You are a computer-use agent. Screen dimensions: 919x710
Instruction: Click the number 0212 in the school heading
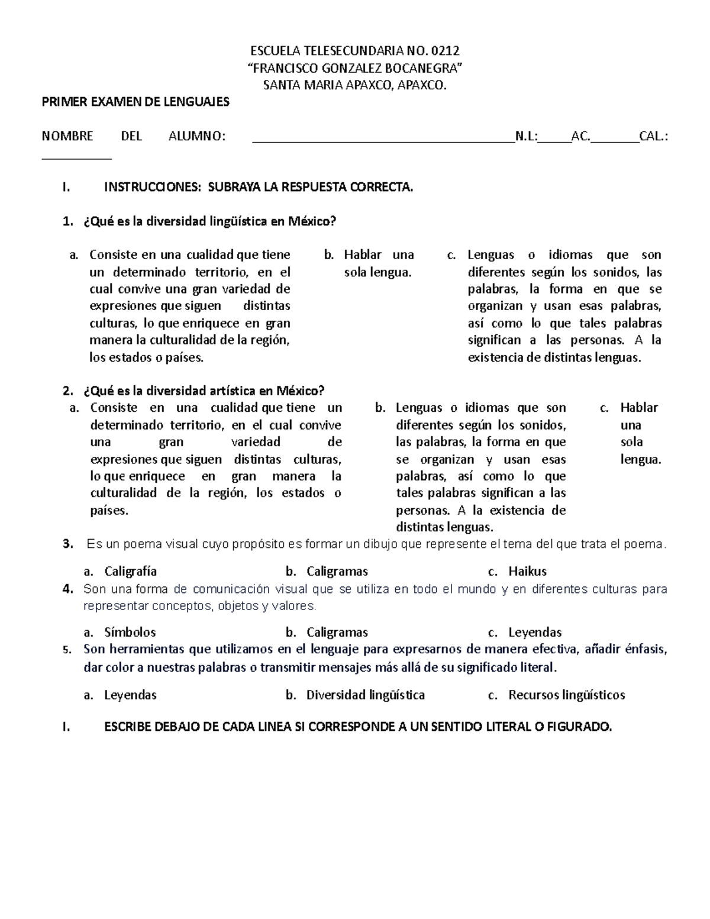tap(446, 50)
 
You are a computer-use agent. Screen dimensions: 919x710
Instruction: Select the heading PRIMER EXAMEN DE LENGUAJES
tap(135, 102)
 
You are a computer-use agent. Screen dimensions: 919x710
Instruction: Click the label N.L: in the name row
tap(527, 137)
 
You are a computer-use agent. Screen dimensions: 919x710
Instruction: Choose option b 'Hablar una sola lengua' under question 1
tap(379, 263)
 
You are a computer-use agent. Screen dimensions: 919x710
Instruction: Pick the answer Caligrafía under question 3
tap(130, 572)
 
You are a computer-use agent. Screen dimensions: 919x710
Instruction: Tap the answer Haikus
tap(527, 572)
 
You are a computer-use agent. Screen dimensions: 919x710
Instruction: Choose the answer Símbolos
tap(130, 632)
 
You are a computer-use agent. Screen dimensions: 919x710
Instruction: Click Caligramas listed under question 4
tap(337, 632)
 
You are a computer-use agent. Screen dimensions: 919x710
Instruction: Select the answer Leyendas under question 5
tap(130, 695)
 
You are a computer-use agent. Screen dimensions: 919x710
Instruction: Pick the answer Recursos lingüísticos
tap(566, 695)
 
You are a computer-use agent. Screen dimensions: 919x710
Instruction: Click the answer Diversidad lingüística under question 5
tap(365, 695)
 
